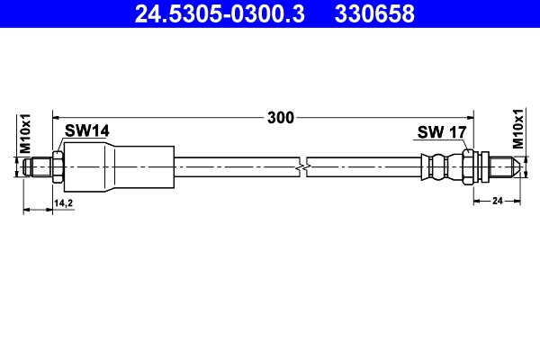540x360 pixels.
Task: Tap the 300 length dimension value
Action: coord(281,117)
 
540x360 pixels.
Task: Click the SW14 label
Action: coord(86,131)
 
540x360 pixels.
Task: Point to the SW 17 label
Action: coord(441,132)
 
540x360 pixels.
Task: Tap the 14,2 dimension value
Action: coord(63,203)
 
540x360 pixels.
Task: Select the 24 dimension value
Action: coord(496,202)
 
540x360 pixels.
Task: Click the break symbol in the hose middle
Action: coord(303,166)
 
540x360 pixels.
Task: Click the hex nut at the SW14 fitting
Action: coord(58,166)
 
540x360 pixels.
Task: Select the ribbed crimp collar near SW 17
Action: coord(439,166)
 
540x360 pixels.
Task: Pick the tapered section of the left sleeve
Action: coord(108,166)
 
